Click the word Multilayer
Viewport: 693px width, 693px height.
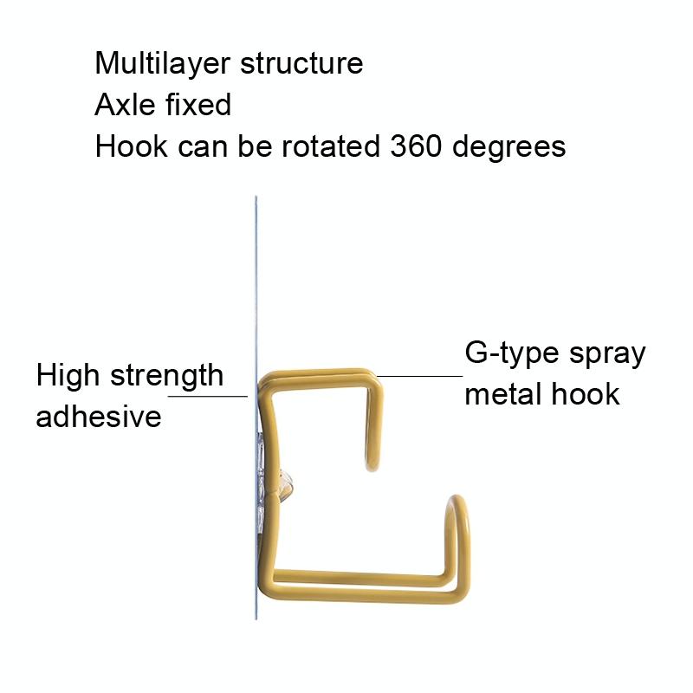click(162, 64)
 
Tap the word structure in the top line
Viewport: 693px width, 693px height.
click(301, 63)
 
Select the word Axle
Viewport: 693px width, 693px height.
click(125, 105)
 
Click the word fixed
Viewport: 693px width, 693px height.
click(198, 105)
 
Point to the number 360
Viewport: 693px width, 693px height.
click(416, 146)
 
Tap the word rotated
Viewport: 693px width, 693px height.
click(331, 146)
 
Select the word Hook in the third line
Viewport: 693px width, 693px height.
click(132, 146)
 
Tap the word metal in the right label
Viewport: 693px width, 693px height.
click(503, 394)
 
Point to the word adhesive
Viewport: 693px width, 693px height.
click(99, 416)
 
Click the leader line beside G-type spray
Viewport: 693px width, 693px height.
click(419, 377)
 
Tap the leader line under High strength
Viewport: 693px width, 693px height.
click(208, 397)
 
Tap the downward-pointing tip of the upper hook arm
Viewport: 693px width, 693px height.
click(372, 468)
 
